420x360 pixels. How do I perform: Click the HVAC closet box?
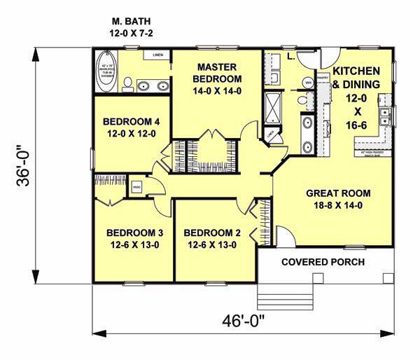tap(137, 186)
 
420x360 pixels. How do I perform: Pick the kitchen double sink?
tap(384, 116)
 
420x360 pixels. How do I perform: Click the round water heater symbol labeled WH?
tap(307, 83)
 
